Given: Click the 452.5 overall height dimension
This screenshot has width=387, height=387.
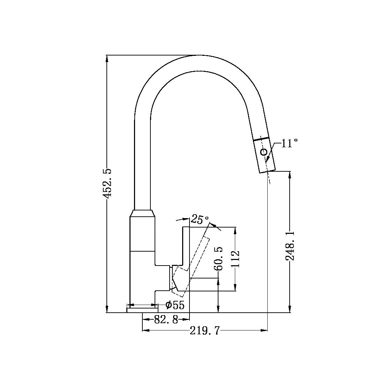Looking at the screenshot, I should pos(107,184).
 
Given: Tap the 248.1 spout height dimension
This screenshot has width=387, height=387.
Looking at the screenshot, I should pos(290,245).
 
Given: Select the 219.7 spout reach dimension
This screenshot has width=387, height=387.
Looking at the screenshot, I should pos(205,330).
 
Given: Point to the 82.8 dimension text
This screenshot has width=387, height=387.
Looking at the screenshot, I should pos(166,319).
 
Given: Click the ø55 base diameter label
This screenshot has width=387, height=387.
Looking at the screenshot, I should pos(175,305).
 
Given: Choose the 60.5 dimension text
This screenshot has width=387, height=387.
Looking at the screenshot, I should pos(218,259).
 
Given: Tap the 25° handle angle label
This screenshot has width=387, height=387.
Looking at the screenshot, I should pos(200,220).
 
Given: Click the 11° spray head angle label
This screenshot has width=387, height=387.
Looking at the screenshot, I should pos(289,143).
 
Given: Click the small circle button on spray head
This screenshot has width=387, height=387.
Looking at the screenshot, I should pos(264,152).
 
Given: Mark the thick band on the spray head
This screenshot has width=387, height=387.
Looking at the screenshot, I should pos(261,139).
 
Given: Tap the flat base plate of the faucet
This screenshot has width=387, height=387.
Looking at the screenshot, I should pos(142,310).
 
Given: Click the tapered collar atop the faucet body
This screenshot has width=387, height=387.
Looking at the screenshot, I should pos(142,213).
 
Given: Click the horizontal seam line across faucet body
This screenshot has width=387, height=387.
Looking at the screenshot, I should pos(142,251).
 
